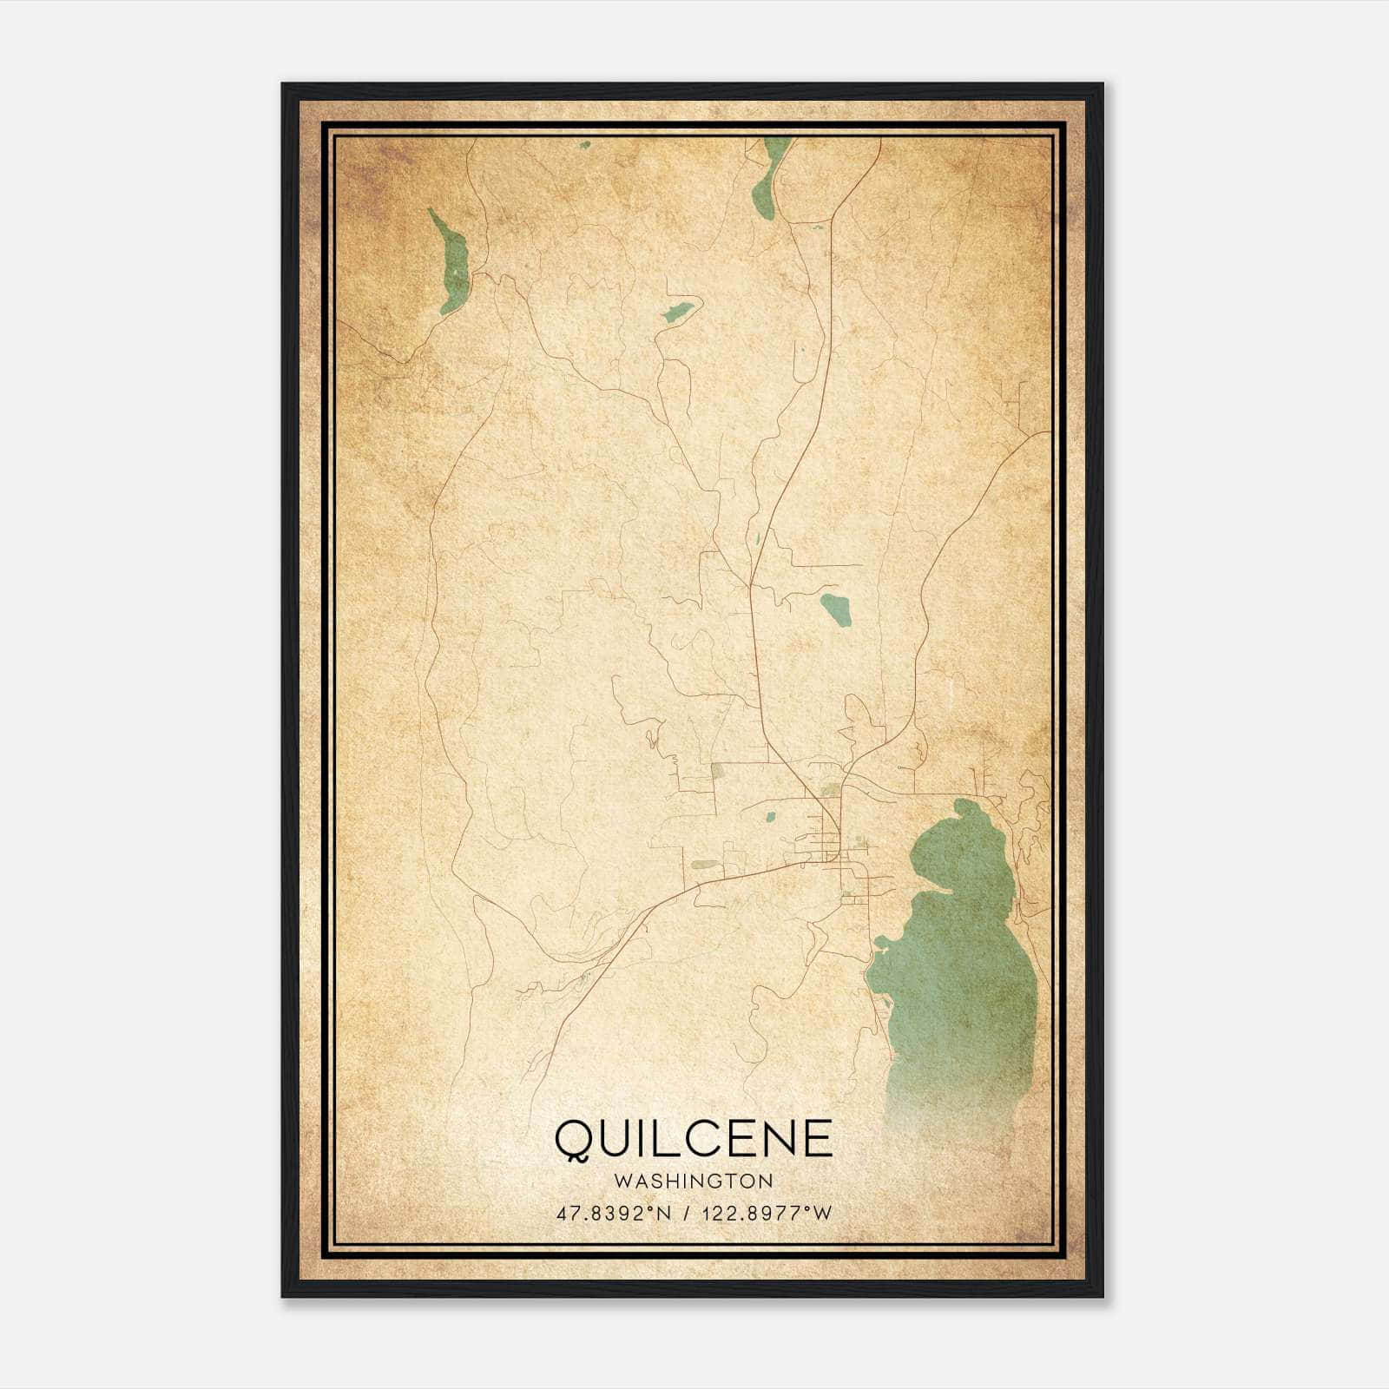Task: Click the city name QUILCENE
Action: [694, 1139]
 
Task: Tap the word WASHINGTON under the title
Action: [694, 1181]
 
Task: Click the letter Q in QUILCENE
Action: [573, 1140]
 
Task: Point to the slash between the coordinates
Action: [688, 1213]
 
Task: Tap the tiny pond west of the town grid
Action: [768, 816]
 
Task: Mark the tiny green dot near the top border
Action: [584, 145]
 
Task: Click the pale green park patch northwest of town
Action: [717, 768]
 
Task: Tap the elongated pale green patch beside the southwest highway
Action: [705, 865]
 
